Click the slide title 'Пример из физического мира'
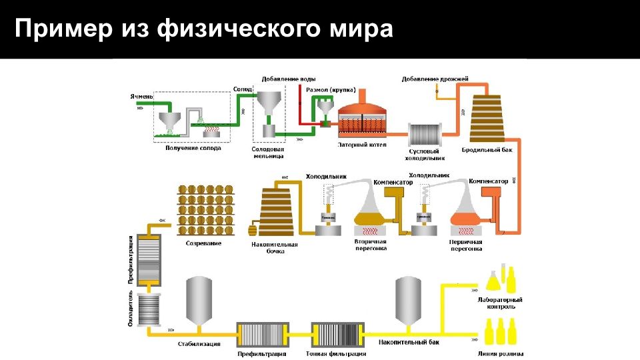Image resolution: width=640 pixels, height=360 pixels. pos(204,29)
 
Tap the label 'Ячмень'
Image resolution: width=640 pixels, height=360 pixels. pos(141,97)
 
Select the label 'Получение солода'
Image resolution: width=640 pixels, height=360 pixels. pos(193,148)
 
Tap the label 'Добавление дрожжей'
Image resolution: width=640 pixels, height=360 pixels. pos(435,79)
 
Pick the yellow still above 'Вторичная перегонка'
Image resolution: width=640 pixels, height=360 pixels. pos(371,213)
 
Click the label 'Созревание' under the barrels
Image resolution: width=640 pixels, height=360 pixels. pos(203,243)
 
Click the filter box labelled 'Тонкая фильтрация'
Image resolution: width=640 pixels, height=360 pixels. pos(336,333)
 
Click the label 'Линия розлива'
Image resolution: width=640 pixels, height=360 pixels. pos(501,354)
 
